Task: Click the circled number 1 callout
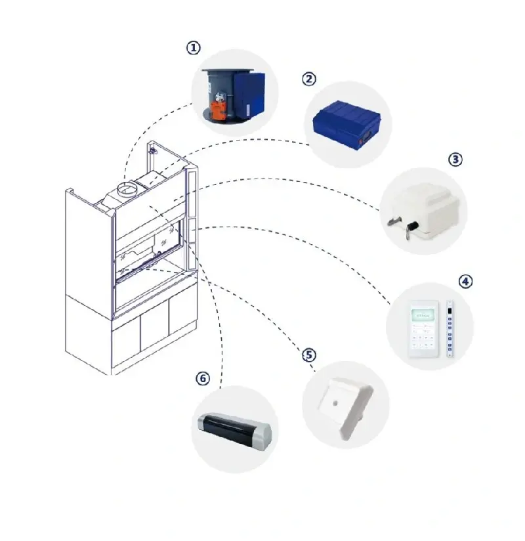pos(193,48)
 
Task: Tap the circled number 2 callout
pos(308,79)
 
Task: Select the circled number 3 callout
pos(455,160)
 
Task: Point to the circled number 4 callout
pos(465,281)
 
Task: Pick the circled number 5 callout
pos(308,355)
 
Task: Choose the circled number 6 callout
pos(203,378)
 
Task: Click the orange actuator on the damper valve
pos(219,107)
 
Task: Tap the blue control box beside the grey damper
pos(249,94)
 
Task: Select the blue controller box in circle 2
pos(346,123)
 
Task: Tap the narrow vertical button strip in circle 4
pos(450,328)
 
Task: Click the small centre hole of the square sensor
pos(335,402)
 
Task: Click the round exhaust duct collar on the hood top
pos(127,188)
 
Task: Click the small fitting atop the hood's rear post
pos(152,150)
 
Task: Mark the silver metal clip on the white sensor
pos(394,221)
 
